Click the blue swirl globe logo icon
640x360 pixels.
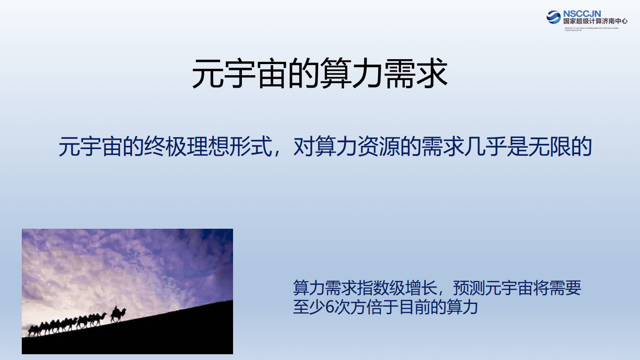coord(554,17)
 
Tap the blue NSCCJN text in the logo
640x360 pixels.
coord(582,14)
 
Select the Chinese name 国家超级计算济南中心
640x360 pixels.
coord(595,21)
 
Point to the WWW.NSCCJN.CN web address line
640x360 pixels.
coord(574,30)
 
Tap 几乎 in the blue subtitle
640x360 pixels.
coord(485,146)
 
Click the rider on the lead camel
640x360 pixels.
coord(115,309)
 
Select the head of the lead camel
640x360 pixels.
coord(124,310)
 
